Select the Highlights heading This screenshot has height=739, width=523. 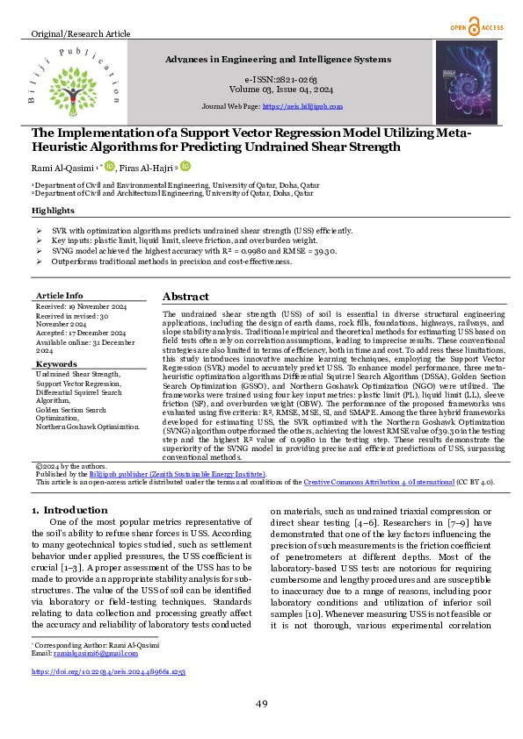pos(53,212)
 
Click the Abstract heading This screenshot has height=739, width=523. pos(185,297)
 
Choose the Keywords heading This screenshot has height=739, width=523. pos(57,363)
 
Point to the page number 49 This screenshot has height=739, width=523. pos(261,704)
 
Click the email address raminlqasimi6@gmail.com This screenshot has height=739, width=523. pos(96,654)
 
